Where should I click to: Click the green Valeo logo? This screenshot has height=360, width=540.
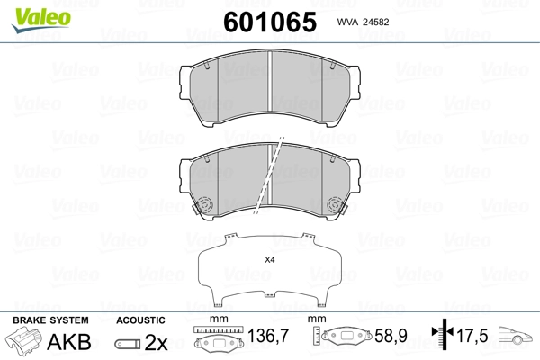pyautogui.click(x=41, y=20)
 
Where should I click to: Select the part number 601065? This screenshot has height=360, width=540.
pyautogui.click(x=270, y=22)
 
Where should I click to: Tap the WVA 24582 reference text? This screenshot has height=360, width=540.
pyautogui.click(x=363, y=22)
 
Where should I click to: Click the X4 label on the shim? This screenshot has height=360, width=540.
pyautogui.click(x=270, y=260)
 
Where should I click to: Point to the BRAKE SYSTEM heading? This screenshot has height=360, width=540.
pyautogui.click(x=50, y=320)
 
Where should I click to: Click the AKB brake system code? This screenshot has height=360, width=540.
pyautogui.click(x=69, y=342)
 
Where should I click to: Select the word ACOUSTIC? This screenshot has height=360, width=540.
pyautogui.click(x=140, y=320)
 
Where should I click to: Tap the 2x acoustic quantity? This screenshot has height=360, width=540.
pyautogui.click(x=156, y=342)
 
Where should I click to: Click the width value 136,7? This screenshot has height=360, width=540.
pyautogui.click(x=268, y=336)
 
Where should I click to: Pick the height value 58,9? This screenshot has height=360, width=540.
pyautogui.click(x=391, y=336)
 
